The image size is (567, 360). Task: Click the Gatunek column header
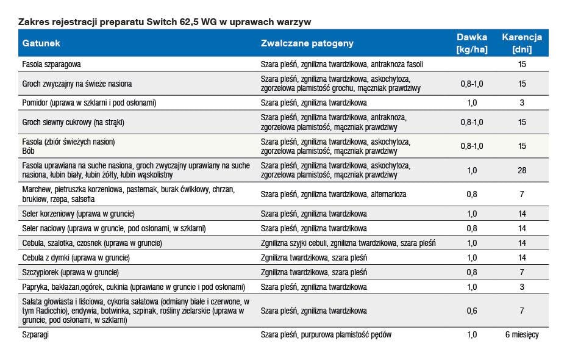(41, 43)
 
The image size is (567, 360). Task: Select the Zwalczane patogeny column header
(307, 43)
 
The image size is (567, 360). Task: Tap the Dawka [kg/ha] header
(472, 43)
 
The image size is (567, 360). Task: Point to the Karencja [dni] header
(522, 43)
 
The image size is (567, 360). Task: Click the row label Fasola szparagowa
(51, 65)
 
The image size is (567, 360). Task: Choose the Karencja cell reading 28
(522, 170)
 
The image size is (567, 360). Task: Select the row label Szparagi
(35, 334)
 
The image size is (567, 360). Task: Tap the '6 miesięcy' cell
(522, 334)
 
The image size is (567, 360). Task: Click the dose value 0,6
(472, 311)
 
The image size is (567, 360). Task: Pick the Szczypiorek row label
(71, 273)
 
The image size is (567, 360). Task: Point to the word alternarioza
(388, 194)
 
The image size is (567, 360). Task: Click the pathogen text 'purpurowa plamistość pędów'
(346, 334)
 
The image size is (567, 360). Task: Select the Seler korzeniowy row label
(78, 214)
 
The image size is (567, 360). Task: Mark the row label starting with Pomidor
(89, 103)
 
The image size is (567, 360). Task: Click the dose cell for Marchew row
(472, 194)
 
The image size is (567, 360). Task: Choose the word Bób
(28, 151)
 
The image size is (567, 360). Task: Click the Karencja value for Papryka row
(522, 287)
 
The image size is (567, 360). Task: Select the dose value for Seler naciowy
(472, 228)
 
